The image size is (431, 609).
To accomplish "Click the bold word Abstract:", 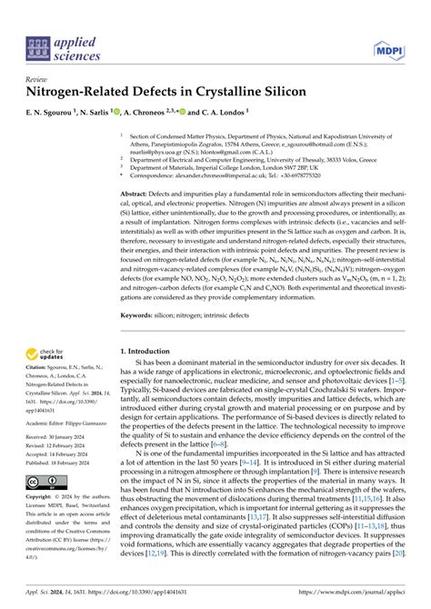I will coord(137,195).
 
